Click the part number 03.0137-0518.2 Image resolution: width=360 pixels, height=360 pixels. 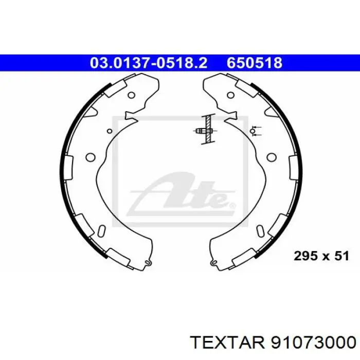[x=149, y=63]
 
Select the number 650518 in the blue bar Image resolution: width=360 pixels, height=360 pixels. [x=255, y=63]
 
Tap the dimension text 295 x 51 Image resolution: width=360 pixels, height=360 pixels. [x=321, y=256]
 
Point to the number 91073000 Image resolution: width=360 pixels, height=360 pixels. [x=313, y=343]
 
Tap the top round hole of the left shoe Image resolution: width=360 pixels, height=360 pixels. [x=131, y=95]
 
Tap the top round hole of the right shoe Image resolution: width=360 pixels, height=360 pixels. [x=230, y=95]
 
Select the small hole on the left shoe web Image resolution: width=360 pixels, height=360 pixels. [x=110, y=131]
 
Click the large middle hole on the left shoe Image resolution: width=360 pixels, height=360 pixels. [x=90, y=157]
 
